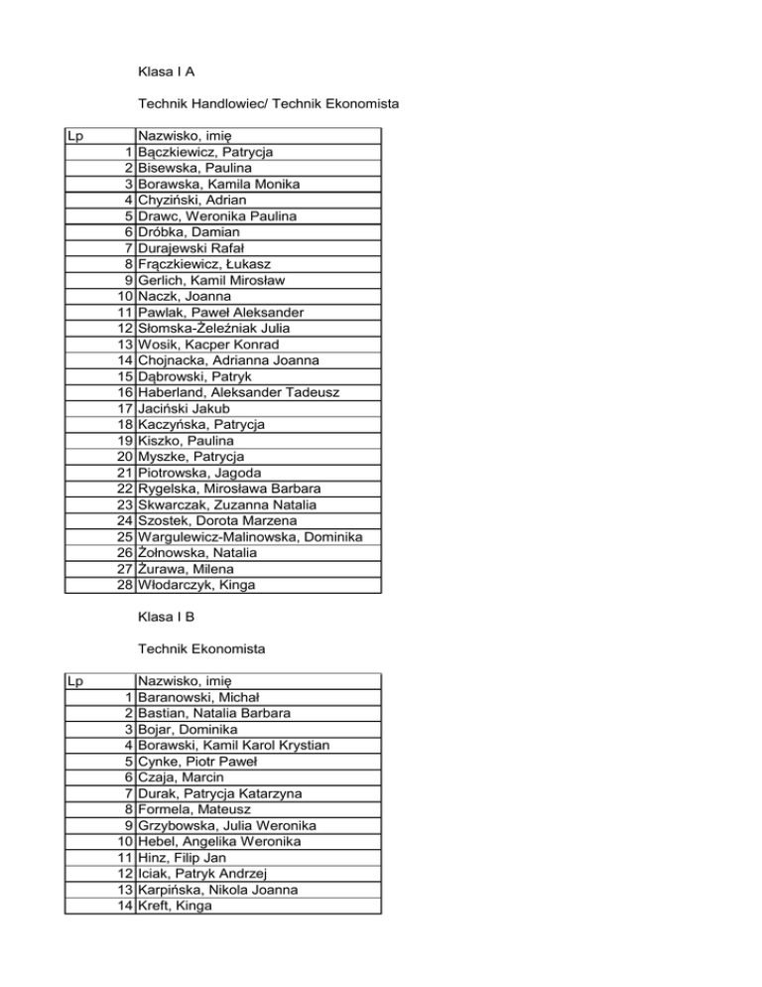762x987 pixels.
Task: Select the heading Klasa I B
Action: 166,618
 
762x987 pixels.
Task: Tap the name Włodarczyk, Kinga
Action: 196,585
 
